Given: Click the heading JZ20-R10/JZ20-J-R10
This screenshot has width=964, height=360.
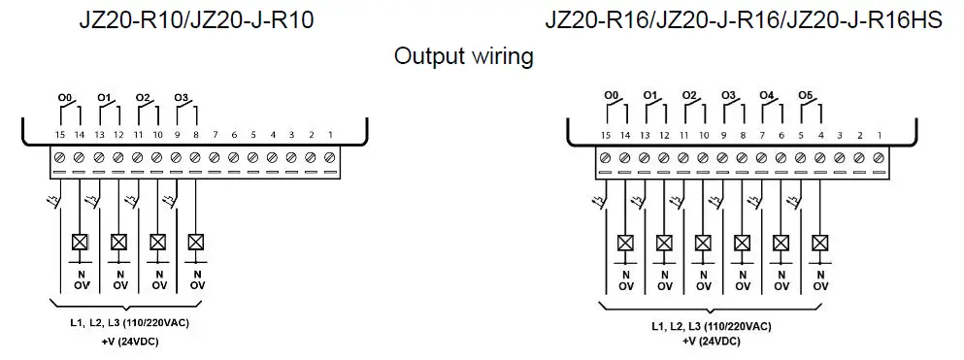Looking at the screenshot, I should (196, 20).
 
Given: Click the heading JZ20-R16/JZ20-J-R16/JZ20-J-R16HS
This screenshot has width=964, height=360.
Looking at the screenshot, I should (743, 20).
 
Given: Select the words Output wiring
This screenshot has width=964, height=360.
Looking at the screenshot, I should (463, 56).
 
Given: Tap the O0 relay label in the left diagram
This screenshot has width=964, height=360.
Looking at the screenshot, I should (66, 98).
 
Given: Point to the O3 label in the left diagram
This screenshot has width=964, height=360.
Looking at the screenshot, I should (181, 98).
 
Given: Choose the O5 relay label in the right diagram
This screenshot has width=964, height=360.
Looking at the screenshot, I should (805, 95).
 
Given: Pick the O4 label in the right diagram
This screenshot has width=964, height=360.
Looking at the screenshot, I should (766, 95).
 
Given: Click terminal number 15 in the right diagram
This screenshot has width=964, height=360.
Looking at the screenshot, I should (606, 134).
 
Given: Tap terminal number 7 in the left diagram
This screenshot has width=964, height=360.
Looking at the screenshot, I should (215, 134).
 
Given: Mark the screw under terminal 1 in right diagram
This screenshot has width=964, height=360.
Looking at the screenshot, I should (879, 157).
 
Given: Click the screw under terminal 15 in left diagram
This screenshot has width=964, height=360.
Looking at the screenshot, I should (59, 157).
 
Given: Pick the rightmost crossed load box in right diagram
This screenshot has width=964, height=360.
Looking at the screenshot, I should (820, 241).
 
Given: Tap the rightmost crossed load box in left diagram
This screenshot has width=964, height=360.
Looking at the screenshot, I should (196, 241).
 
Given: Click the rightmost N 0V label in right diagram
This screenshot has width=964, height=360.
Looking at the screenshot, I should (820, 280).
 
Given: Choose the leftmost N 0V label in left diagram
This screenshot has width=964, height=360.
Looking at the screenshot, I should (80, 280).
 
